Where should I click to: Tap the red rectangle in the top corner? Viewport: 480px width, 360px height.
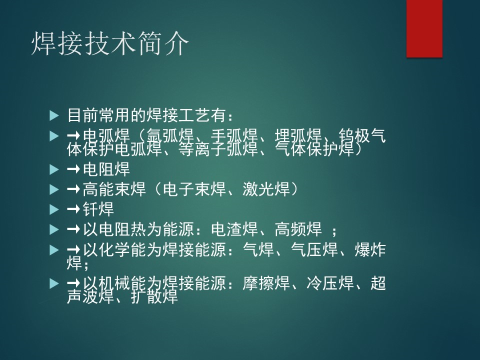tap(424, 28)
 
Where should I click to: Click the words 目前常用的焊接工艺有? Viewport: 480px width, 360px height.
tap(146, 115)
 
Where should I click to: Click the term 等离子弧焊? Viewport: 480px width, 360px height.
tap(217, 149)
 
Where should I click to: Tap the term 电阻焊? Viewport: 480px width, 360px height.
tap(106, 169)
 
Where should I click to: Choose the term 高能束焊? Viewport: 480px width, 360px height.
tap(114, 189)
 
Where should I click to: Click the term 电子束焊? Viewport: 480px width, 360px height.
tap(194, 189)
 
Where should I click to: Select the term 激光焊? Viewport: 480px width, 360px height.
tap(266, 189)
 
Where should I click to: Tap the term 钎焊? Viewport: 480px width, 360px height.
tap(98, 209)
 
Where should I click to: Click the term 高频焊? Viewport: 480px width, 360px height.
tap(298, 229)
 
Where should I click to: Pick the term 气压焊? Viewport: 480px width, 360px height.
tap(314, 250)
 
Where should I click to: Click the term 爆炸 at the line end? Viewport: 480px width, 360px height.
tap(370, 250)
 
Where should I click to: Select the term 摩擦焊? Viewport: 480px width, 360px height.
tap(266, 283)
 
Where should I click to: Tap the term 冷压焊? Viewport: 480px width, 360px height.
tap(330, 283)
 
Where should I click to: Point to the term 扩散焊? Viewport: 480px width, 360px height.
tap(154, 296)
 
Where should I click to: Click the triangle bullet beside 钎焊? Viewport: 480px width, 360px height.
tap(54, 209)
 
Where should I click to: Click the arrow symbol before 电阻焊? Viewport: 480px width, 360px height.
tap(73, 169)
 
